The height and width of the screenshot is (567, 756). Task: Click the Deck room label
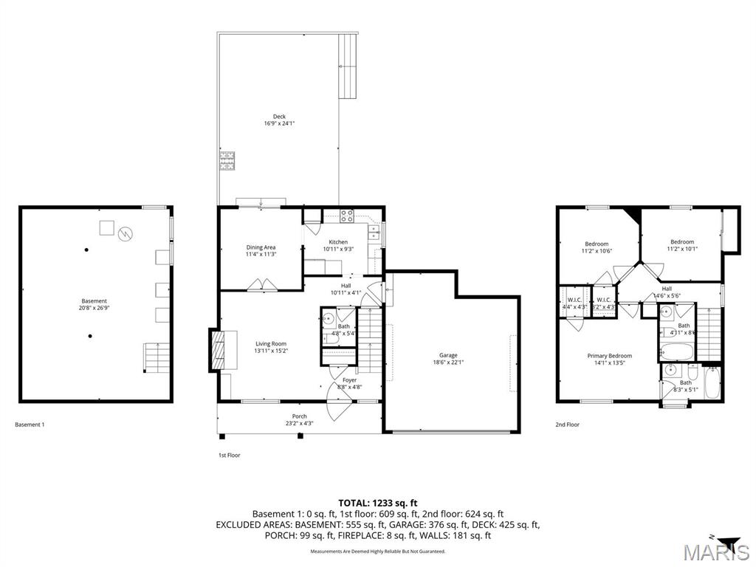point(279,117)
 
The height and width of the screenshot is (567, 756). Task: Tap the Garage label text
point(447,355)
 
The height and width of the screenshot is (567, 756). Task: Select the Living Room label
point(270,343)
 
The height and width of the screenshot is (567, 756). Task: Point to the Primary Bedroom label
point(609,356)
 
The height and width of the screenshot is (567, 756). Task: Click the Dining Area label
point(261,247)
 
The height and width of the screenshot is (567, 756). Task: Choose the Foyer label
point(349,380)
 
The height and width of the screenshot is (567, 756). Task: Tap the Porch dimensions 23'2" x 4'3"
point(299,424)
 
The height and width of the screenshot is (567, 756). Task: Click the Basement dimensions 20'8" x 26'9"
point(94,308)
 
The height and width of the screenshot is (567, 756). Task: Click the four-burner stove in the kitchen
point(347,216)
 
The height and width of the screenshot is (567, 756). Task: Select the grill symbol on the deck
point(226,160)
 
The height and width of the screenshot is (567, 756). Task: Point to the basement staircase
point(155,357)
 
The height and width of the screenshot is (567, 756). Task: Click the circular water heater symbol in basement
point(126,233)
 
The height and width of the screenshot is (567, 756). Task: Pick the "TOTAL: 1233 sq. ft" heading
point(377,503)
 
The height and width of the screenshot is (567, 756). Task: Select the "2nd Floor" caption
point(567,425)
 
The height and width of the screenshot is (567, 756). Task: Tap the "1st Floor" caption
point(229,456)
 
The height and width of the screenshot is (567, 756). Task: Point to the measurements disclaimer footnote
point(377,551)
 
